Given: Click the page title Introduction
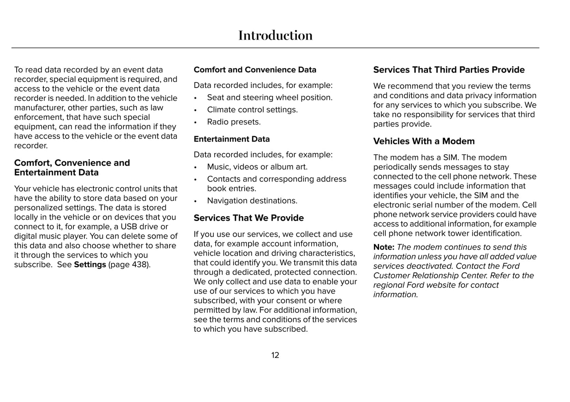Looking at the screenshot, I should tap(275, 36).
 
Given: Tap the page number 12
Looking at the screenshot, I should tap(275, 355).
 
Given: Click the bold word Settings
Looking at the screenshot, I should tap(90, 264).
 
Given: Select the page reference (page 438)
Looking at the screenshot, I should tap(129, 264).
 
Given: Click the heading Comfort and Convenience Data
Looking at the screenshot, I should tap(255, 70).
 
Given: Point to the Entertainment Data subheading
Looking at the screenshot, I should tap(232, 139).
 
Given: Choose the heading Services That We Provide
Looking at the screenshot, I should tap(249, 218).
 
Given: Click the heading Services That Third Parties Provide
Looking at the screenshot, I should tap(449, 70).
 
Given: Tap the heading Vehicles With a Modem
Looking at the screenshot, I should tap(424, 141).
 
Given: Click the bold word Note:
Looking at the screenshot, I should tap(383, 247).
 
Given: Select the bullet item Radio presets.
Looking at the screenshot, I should tap(234, 122).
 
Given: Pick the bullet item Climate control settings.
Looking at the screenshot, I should tap(252, 110).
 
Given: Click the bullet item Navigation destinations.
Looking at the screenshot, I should tap(252, 201).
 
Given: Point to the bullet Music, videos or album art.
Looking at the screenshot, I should tap(257, 167).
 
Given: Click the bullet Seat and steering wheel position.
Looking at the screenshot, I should tap(269, 97).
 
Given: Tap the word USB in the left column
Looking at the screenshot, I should tap(129, 227).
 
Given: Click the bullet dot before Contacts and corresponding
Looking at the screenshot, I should tap(195, 179).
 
